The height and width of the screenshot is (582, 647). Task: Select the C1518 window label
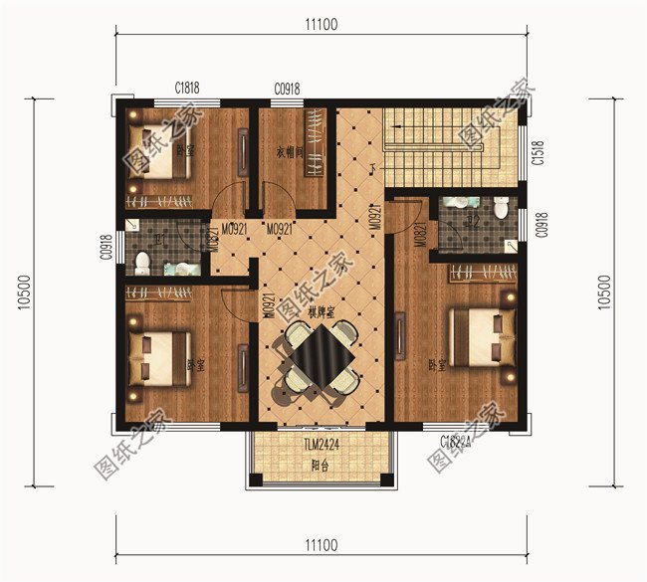click(538, 152)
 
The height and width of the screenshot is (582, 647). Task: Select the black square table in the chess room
click(320, 356)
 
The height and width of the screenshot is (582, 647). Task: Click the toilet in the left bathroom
click(141, 262)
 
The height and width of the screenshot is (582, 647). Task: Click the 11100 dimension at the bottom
click(321, 544)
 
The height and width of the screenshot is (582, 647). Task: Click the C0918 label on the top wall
click(288, 90)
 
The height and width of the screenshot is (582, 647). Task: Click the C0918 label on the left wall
click(106, 247)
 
